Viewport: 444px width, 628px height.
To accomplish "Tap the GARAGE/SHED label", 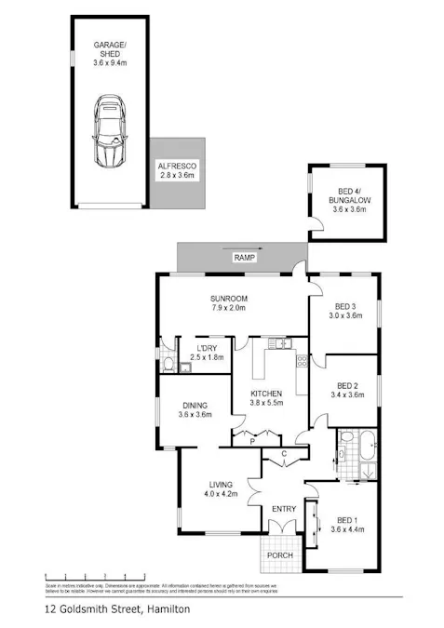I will pos(111,54).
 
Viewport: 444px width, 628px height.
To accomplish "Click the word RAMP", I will pos(244,257).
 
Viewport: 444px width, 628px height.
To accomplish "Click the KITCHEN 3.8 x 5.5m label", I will pos(265,398).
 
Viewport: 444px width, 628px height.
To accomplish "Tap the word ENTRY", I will pos(283,509).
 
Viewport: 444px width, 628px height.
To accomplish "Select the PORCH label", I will pos(280,555).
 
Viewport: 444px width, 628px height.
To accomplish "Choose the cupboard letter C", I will pos(285,453).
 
